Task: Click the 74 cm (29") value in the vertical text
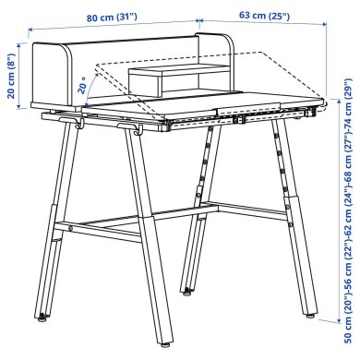point(348,104)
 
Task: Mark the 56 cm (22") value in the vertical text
point(348,267)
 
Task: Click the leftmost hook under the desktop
point(80,123)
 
